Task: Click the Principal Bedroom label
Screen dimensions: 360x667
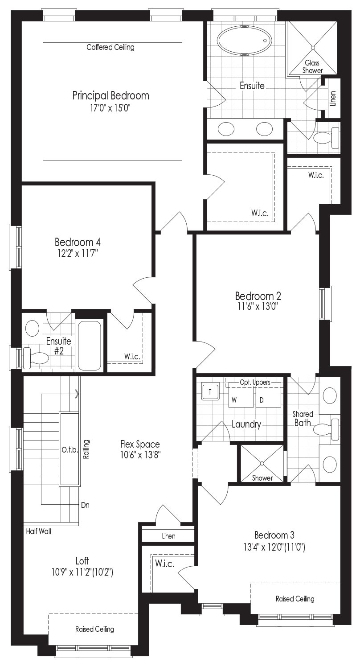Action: pos(110,95)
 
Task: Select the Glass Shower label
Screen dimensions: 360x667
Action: pos(312,67)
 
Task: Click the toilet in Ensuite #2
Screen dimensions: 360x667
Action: pos(36,358)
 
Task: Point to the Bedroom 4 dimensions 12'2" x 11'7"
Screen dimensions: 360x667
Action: pos(78,254)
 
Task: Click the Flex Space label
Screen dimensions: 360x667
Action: pos(140,444)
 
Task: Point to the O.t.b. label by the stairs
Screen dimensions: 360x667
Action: pos(70,450)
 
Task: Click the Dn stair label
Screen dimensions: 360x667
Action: pos(85,505)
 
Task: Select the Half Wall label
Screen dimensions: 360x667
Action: pos(39,531)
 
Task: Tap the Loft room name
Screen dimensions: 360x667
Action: pos(82,561)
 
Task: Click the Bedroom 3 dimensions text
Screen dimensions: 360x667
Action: pos(274,548)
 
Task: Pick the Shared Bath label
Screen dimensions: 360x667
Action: pos(303,419)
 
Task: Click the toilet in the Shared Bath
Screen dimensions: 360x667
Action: pos(327,428)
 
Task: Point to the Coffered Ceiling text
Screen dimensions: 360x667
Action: pos(110,47)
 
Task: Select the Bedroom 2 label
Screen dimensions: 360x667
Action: pos(258,296)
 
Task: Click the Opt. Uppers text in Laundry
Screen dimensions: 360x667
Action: pos(255,383)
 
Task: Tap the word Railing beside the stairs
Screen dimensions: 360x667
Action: pos(86,449)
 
